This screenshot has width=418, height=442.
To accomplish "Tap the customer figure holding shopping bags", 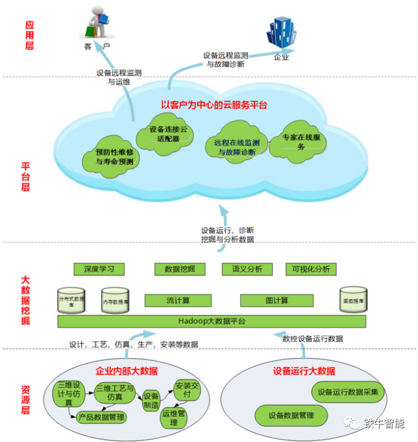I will tap(97, 23).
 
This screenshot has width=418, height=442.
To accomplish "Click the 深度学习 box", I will tap(99, 269).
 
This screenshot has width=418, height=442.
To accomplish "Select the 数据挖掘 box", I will tap(180, 269).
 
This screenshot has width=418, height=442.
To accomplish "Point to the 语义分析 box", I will tap(247, 269).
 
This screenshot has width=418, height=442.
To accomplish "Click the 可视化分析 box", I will tap(311, 269).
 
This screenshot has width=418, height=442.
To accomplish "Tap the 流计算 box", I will tap(179, 300).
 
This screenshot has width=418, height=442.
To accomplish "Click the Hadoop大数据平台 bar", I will tap(212, 321).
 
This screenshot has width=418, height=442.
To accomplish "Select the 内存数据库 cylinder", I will tap(115, 301).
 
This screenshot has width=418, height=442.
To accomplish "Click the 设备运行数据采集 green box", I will tap(348, 392).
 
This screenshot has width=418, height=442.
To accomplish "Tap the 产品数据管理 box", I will tap(101, 417).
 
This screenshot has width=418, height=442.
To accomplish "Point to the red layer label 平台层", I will tap(25, 176).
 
